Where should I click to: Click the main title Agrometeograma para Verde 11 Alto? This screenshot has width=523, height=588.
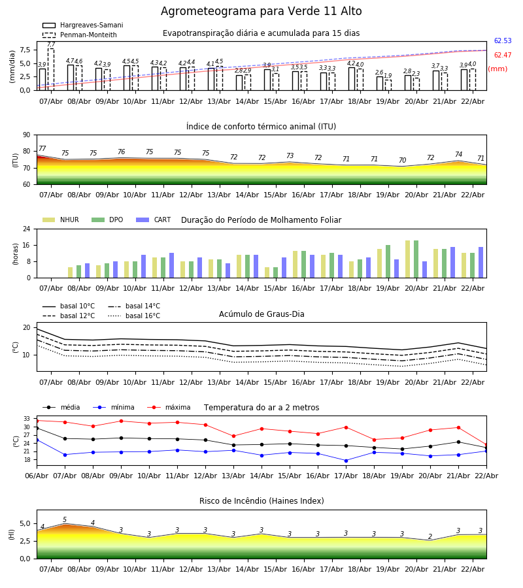(x=261, y=12)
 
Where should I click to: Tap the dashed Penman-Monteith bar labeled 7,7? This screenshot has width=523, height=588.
(x=51, y=69)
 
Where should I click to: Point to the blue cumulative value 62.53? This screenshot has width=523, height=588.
(x=503, y=41)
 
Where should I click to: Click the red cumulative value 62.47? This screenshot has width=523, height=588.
(x=503, y=56)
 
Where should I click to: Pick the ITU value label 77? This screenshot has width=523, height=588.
(x=42, y=149)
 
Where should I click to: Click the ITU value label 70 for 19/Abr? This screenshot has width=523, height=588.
(x=402, y=161)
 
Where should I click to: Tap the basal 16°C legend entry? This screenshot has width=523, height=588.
(x=143, y=316)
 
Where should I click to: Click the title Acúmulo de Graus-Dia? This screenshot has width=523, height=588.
(x=261, y=314)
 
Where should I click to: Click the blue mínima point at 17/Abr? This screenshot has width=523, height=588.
(x=346, y=461)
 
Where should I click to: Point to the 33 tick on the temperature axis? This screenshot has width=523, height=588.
(x=27, y=419)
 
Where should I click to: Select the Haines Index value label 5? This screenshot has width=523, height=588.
(x=65, y=520)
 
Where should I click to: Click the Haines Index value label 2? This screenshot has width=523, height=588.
(x=430, y=537)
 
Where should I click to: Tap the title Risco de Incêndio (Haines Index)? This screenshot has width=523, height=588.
(x=261, y=501)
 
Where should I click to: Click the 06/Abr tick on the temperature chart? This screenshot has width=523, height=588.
(x=37, y=475)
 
